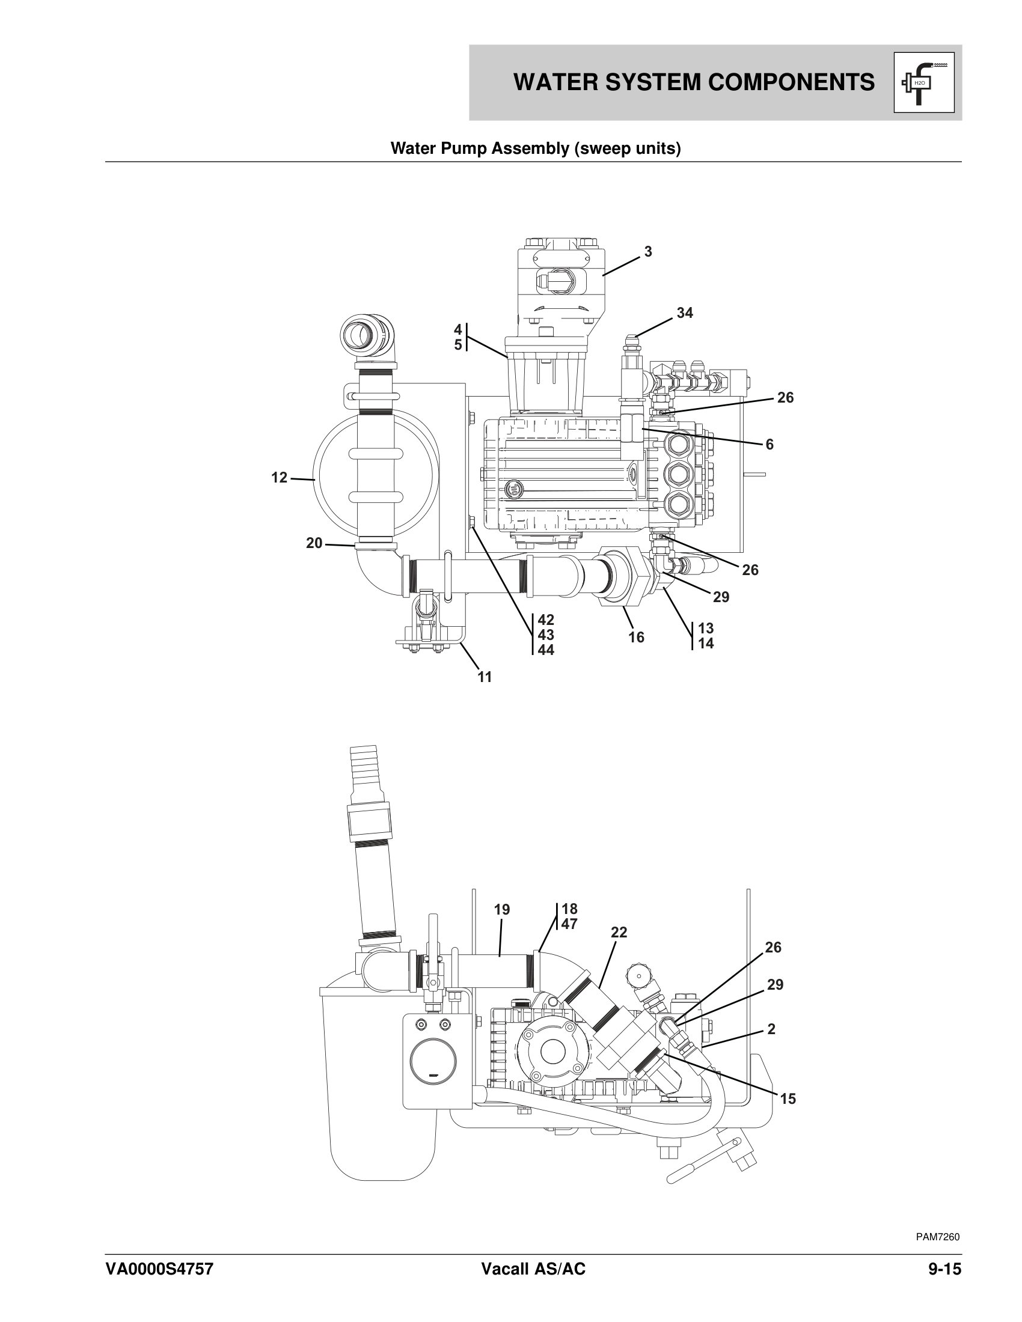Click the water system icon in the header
click(x=924, y=83)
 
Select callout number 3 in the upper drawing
click(x=648, y=252)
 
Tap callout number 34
click(x=685, y=313)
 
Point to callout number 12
click(x=279, y=478)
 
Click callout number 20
click(x=314, y=543)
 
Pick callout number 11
click(x=485, y=677)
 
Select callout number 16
click(x=636, y=638)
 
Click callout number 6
click(x=770, y=444)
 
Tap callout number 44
click(x=545, y=650)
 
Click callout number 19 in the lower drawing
click(x=502, y=910)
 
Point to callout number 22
click(x=619, y=933)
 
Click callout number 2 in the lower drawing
click(x=771, y=1029)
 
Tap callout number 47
click(x=569, y=924)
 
